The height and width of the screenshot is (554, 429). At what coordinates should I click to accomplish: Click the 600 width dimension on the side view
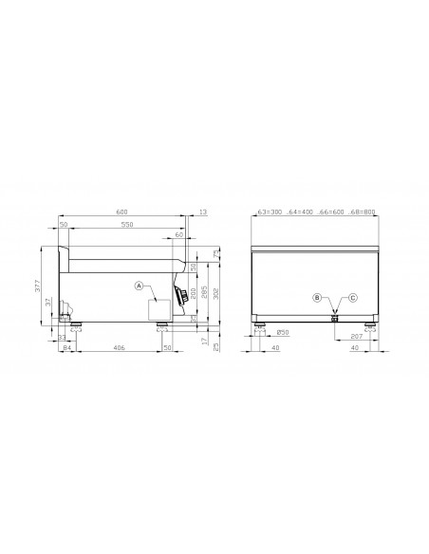[121, 213]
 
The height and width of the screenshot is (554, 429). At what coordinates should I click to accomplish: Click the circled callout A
[139, 286]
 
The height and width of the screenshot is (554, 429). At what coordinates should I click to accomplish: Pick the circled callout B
[318, 298]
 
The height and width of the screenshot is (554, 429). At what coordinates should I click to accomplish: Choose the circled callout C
[352, 298]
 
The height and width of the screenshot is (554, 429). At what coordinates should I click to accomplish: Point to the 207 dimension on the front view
[358, 338]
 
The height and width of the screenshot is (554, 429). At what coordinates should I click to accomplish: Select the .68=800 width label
[363, 213]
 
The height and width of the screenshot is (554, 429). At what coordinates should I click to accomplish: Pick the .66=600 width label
[332, 213]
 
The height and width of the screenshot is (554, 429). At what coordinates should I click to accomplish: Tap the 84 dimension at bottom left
[67, 349]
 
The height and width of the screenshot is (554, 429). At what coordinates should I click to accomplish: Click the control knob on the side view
[180, 297]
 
